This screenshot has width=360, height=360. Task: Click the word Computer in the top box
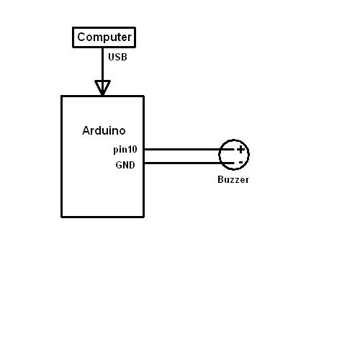pyautogui.click(x=104, y=37)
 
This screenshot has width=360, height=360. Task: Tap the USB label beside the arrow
pyautogui.click(x=117, y=57)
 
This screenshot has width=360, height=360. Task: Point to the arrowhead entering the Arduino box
pyautogui.click(x=102, y=88)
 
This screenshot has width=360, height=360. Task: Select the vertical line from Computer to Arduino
pyautogui.click(x=102, y=71)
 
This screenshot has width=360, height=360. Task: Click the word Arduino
pyautogui.click(x=104, y=130)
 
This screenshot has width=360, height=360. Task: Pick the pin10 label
pyautogui.click(x=125, y=150)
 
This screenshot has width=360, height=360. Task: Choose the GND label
pyautogui.click(x=125, y=165)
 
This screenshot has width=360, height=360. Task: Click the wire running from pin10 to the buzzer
pyautogui.click(x=189, y=149)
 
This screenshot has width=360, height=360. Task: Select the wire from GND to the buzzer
pyautogui.click(x=189, y=163)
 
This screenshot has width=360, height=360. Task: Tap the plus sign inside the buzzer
pyautogui.click(x=240, y=150)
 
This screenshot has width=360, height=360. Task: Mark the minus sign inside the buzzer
pyautogui.click(x=240, y=163)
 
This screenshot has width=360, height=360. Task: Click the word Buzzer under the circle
pyautogui.click(x=233, y=179)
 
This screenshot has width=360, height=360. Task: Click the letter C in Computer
pyautogui.click(x=81, y=37)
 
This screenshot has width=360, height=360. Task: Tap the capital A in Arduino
pyautogui.click(x=86, y=130)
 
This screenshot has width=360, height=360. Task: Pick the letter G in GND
pyautogui.click(x=119, y=165)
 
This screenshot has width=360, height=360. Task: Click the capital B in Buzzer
pyautogui.click(x=220, y=179)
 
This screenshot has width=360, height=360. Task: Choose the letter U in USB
pyautogui.click(x=111, y=57)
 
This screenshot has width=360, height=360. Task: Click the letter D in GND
pyautogui.click(x=132, y=165)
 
